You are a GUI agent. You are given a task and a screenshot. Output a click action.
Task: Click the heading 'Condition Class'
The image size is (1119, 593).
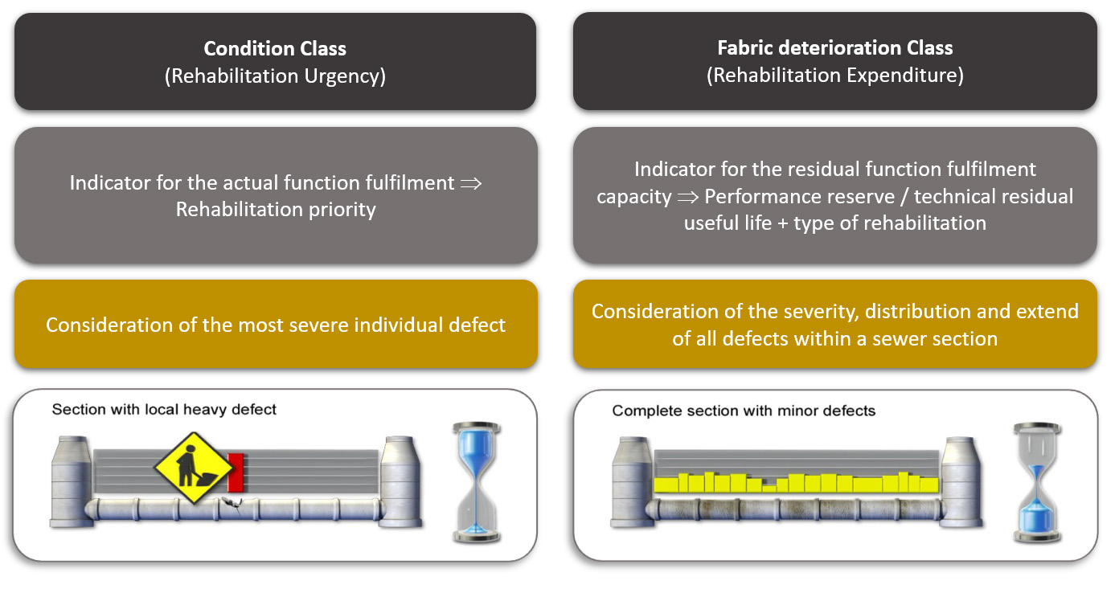click(275, 48)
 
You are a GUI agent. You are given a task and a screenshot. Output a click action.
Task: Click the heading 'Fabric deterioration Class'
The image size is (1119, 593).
click(834, 47)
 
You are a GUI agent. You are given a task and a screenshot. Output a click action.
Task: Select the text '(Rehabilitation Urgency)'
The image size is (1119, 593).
click(275, 76)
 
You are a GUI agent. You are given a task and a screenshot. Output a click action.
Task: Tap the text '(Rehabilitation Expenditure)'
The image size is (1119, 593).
click(834, 75)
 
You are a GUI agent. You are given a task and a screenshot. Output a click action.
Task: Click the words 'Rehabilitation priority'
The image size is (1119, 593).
click(275, 209)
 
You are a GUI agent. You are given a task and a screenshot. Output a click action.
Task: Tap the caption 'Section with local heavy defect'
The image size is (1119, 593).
click(164, 410)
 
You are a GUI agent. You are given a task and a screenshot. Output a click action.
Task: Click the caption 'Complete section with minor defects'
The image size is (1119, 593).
click(744, 411)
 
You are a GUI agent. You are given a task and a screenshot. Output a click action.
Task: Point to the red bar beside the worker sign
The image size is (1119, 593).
click(235, 472)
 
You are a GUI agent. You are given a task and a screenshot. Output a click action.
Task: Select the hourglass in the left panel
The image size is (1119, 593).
click(477, 482)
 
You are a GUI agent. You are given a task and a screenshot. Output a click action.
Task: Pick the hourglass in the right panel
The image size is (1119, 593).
click(1035, 483)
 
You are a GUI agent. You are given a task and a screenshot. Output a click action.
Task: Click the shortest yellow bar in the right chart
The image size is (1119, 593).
click(769, 488)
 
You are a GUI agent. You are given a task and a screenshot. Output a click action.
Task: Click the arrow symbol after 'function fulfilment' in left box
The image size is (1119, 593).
click(471, 183)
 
